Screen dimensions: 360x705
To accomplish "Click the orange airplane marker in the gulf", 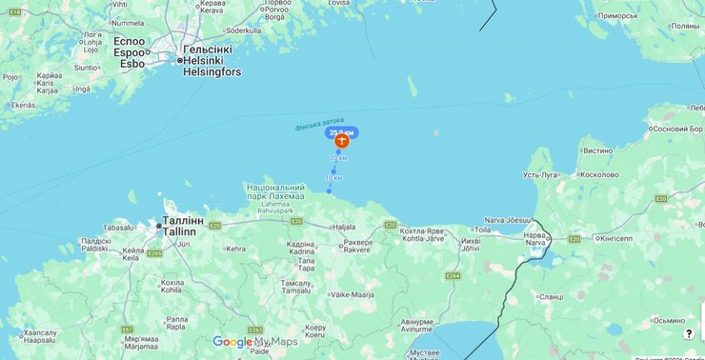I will [x=341, y=140].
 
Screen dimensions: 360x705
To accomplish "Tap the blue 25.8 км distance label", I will [x=342, y=130].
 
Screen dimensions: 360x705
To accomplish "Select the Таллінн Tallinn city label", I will [x=179, y=226].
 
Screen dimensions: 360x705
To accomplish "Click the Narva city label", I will [x=535, y=242].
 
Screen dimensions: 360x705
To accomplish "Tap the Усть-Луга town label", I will [x=541, y=175].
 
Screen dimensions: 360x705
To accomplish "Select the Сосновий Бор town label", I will [x=675, y=129].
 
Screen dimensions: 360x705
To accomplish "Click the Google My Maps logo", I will [x=254, y=342].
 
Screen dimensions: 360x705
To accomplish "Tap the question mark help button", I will [x=688, y=334].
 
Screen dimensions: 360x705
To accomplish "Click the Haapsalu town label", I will [x=40, y=340].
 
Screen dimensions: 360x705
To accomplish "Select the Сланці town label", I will [x=551, y=296].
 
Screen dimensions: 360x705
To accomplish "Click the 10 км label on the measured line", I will [x=333, y=178].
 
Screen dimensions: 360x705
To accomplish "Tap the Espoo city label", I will [x=130, y=52].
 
